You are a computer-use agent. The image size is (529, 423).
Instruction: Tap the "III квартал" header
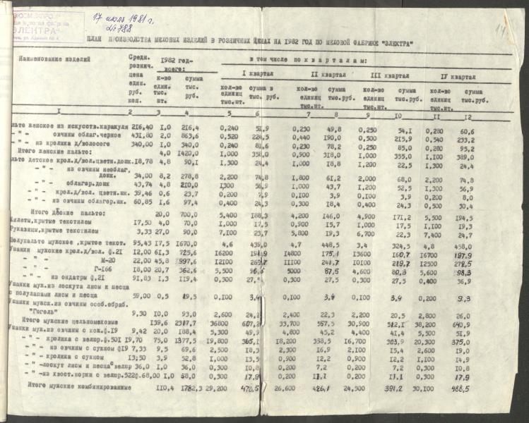click(x=389, y=75)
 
